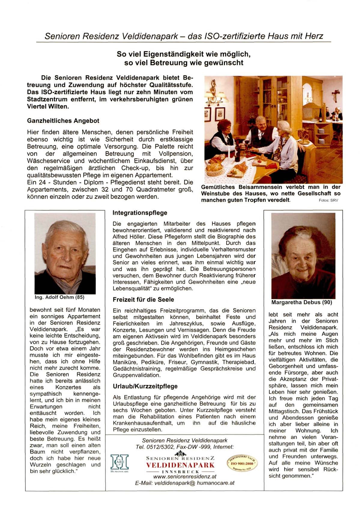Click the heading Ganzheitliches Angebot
tap(63, 121)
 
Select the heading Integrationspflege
tap(140, 213)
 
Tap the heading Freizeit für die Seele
tap(143, 300)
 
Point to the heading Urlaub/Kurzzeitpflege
tap(145, 386)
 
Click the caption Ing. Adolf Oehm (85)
tap(59, 297)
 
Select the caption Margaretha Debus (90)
tap(301, 302)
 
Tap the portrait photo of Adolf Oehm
tap(65, 254)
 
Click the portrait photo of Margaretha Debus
tap(303, 256)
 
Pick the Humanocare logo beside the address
tap(119, 463)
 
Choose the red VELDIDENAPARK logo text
tap(180, 465)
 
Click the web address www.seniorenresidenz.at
tap(185, 477)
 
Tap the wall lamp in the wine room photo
tap(214, 93)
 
